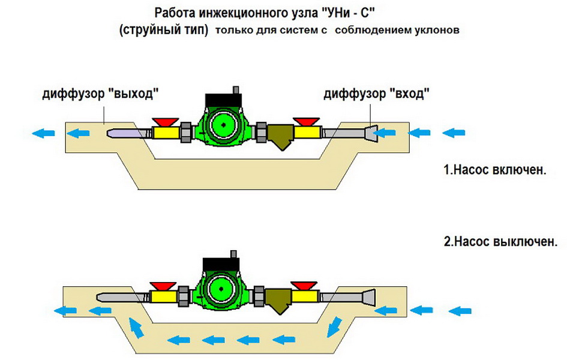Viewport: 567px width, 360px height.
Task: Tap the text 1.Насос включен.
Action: point(496,170)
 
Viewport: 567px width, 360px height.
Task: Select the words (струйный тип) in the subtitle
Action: point(163,31)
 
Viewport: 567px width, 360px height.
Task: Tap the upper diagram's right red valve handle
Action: point(304,121)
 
